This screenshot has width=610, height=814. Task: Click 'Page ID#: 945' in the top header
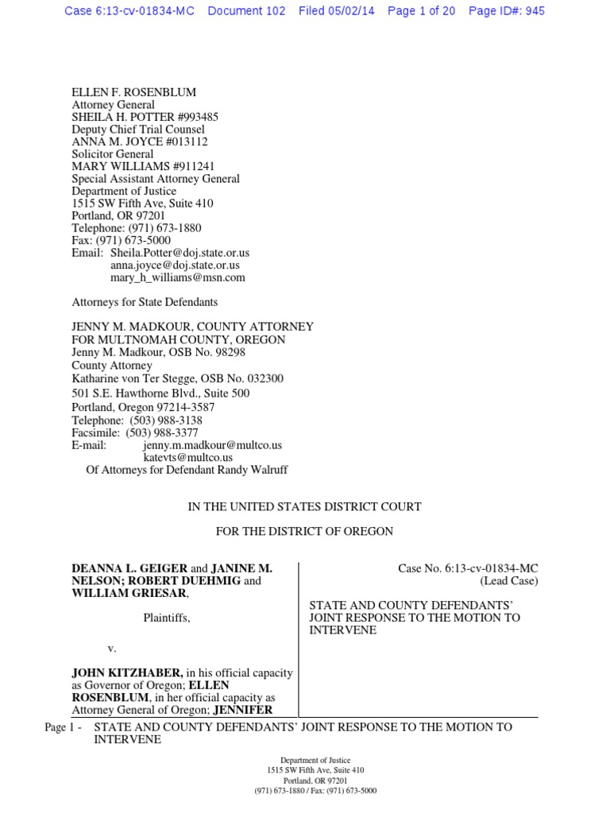(x=507, y=11)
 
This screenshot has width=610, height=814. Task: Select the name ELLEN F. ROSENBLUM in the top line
(x=133, y=92)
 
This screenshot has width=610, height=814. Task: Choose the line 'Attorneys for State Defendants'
(x=145, y=302)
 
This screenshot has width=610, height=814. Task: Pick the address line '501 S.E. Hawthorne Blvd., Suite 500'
(x=160, y=393)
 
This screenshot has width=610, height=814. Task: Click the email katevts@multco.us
(x=187, y=457)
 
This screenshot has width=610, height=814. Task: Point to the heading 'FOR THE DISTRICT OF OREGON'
(x=304, y=531)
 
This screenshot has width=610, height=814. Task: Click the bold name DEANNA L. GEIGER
(x=129, y=568)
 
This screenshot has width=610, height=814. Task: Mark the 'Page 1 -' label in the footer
(x=64, y=727)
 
